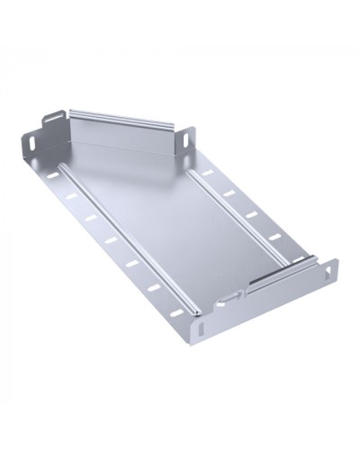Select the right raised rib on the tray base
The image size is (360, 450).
point(238,211)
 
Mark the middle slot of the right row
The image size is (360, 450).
point(248,214)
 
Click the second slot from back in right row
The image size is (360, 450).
point(229,193)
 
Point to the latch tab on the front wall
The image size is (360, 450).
point(232,294)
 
